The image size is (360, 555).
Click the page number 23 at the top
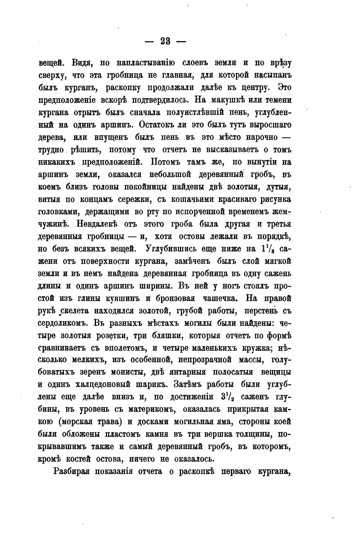point(165,41)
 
